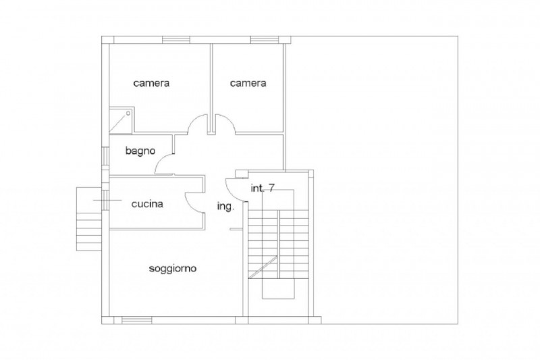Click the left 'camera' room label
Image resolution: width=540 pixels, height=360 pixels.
151,83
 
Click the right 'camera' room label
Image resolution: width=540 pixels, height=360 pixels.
248,83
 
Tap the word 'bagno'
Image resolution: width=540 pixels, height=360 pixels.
140,151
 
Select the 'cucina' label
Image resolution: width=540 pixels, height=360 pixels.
147,204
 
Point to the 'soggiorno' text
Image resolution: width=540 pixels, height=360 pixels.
173,269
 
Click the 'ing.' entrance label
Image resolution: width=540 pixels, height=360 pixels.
226,207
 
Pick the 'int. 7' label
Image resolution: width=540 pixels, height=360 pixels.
263,188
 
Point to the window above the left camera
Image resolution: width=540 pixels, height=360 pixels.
176,40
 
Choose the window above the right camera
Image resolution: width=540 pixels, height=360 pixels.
264,40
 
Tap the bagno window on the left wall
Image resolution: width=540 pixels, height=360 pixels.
106,158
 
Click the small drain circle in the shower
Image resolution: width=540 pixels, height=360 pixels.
128,113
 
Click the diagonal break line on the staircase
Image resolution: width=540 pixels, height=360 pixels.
263,267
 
